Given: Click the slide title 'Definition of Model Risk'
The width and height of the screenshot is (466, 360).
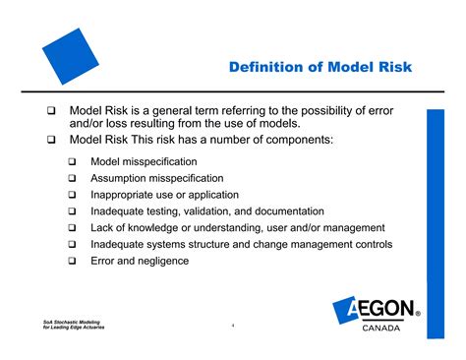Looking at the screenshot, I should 320,68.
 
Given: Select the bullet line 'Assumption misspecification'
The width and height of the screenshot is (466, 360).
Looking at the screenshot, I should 157,178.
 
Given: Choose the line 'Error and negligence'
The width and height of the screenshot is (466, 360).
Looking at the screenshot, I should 140,261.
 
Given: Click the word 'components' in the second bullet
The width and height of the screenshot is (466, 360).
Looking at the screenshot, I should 297,141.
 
